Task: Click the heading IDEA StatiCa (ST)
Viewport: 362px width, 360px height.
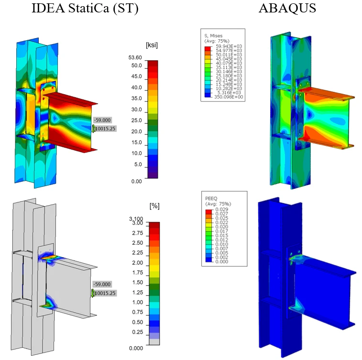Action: [85, 9]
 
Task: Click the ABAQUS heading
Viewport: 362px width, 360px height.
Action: [287, 8]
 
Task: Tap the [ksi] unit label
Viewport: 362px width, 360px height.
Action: [152, 45]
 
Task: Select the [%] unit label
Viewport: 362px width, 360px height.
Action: [154, 206]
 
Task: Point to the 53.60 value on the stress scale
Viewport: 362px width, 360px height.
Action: [135, 57]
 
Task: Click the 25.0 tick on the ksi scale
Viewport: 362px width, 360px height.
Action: [136, 120]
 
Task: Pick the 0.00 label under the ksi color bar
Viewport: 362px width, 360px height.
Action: [136, 181]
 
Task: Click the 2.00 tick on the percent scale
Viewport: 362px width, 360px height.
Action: [138, 262]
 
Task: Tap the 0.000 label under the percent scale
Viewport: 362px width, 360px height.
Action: [136, 348]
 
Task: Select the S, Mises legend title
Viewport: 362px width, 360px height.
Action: [213, 36]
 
